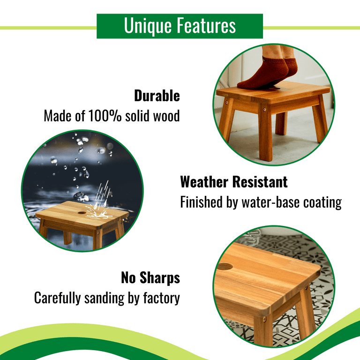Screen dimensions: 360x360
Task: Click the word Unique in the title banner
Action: (x=148, y=26)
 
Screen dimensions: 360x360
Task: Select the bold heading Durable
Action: (x=157, y=96)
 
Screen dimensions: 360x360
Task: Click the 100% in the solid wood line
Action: (x=105, y=115)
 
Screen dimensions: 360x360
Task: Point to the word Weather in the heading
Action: (x=204, y=182)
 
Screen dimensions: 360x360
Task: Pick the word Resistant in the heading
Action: (x=260, y=182)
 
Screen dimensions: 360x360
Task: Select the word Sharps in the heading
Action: (x=160, y=277)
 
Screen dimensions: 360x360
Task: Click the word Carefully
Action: (x=57, y=299)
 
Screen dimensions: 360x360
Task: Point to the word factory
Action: (x=161, y=299)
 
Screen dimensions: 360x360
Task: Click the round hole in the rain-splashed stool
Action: (x=82, y=213)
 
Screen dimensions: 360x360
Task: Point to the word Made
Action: (x=58, y=116)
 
